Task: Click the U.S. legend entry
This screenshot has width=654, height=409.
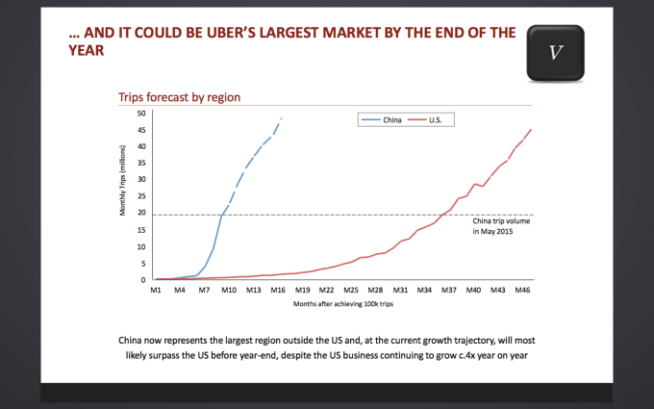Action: point(434,120)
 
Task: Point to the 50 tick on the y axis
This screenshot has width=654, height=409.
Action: point(141,114)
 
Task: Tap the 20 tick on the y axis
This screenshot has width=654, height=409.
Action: point(141,213)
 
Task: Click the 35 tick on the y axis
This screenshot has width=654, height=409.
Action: point(141,163)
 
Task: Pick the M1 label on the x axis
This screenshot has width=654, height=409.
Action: point(155,289)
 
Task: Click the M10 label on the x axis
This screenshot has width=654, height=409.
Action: point(228,289)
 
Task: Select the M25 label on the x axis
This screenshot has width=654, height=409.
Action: point(351,289)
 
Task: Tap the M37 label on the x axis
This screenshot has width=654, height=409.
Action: point(449,289)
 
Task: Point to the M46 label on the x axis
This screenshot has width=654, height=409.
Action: point(522,289)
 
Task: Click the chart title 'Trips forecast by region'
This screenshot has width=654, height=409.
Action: point(179,97)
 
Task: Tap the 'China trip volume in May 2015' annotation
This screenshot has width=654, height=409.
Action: point(502,226)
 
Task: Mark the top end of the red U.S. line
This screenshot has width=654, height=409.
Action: point(531,129)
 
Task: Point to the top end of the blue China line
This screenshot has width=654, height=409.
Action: point(282,118)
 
